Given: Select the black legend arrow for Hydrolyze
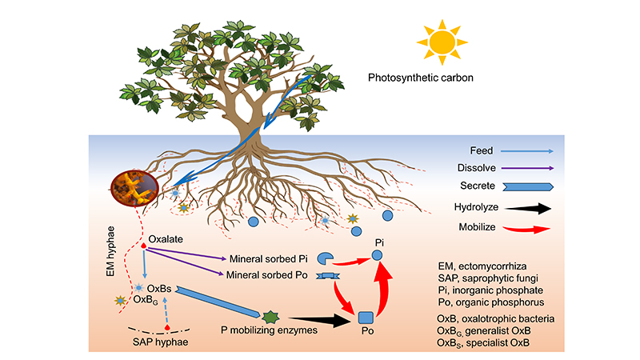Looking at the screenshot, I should [x=532, y=207].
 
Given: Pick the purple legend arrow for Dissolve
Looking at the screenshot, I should [x=532, y=168].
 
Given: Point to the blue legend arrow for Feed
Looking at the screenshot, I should [x=532, y=149].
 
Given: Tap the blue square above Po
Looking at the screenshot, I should [x=366, y=317].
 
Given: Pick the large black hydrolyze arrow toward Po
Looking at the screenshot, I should [x=320, y=320].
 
